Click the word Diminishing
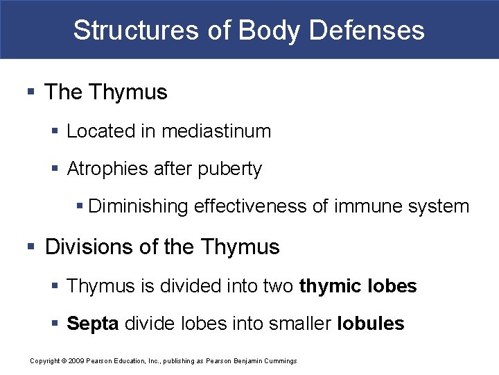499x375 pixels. click(x=139, y=207)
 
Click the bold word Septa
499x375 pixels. click(x=92, y=324)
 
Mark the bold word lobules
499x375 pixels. click(x=370, y=324)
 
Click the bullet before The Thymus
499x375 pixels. click(x=30, y=92)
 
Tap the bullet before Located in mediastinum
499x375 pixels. click(x=58, y=131)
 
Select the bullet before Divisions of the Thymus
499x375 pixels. click(x=30, y=247)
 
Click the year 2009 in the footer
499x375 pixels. click(x=76, y=361)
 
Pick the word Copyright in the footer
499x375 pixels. click(x=46, y=361)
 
